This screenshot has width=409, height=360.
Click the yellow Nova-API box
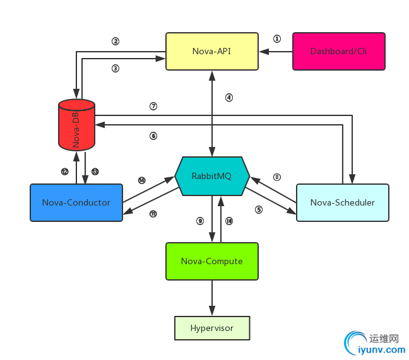point(211,51)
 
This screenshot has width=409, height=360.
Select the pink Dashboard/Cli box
point(338,51)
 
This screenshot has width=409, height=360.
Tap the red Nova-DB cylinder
point(76,125)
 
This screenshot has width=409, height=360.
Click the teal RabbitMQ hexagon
point(211,176)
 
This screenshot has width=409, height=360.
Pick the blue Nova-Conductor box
point(76,202)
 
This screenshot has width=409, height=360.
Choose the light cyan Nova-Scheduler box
point(342,202)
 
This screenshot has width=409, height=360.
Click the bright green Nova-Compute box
point(211,261)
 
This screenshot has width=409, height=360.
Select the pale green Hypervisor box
point(212,328)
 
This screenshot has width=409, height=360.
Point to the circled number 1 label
point(276,38)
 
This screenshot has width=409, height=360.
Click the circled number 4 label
point(229,98)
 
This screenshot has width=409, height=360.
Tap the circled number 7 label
point(153,106)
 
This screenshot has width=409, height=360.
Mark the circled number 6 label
point(153,136)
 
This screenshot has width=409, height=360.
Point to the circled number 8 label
point(276,177)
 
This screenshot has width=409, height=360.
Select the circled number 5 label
point(259,209)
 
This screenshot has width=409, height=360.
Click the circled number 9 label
point(200,221)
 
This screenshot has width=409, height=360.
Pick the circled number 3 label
point(116,67)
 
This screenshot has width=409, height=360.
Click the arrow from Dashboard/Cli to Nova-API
point(275,51)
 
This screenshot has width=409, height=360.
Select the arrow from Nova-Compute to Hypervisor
point(211,298)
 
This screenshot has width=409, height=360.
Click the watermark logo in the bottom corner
point(372,344)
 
